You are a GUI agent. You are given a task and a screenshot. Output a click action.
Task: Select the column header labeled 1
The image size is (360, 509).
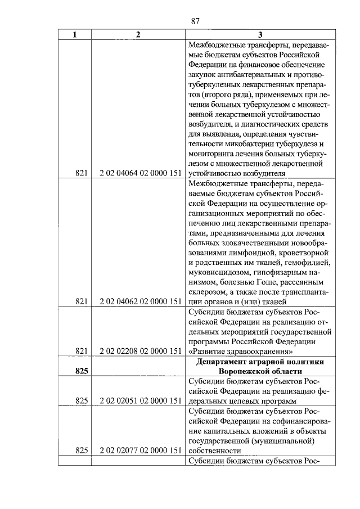(75, 35)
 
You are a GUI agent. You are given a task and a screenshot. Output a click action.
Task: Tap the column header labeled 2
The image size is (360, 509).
(138, 35)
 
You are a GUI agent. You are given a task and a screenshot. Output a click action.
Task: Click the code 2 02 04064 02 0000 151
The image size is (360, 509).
(138, 174)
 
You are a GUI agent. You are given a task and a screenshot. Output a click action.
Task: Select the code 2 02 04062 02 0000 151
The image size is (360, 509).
(138, 301)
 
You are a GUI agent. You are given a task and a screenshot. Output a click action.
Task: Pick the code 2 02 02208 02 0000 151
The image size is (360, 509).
(138, 351)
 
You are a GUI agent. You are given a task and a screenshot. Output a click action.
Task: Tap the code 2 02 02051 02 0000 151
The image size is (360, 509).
(138, 400)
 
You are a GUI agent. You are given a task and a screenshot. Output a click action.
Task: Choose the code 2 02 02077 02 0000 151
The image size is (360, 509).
(138, 451)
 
